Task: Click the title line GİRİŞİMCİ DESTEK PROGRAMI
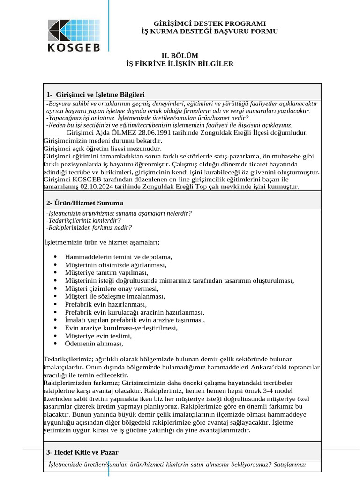coord(210,23)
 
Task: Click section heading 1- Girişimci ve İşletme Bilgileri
coord(96,94)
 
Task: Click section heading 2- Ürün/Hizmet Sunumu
coord(85,203)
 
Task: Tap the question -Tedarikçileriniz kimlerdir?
coord(83,220)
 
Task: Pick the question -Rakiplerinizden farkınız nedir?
coord(89,228)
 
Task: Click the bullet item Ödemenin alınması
coord(94,344)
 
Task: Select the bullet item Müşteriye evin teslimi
coord(98,336)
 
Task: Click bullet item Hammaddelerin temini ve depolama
coord(119,257)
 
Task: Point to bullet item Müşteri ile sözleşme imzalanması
coord(115,296)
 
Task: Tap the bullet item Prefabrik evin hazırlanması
coord(106,304)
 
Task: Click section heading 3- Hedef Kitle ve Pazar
coord(82,452)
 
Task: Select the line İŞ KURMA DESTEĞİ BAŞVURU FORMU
coord(210,31)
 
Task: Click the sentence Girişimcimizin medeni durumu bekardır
coord(99,141)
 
